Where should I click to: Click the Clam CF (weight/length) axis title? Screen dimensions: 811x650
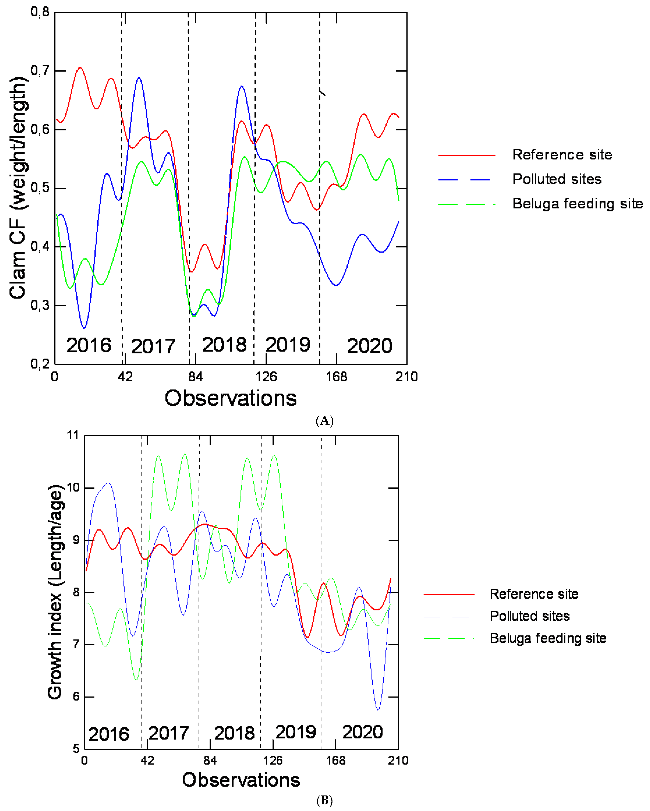click(19, 188)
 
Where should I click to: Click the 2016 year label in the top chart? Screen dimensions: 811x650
click(89, 345)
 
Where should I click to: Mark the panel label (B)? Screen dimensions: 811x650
click(325, 801)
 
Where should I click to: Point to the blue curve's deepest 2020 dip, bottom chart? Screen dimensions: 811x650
click(378, 709)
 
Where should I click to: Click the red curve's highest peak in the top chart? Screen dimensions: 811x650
click(80, 68)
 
